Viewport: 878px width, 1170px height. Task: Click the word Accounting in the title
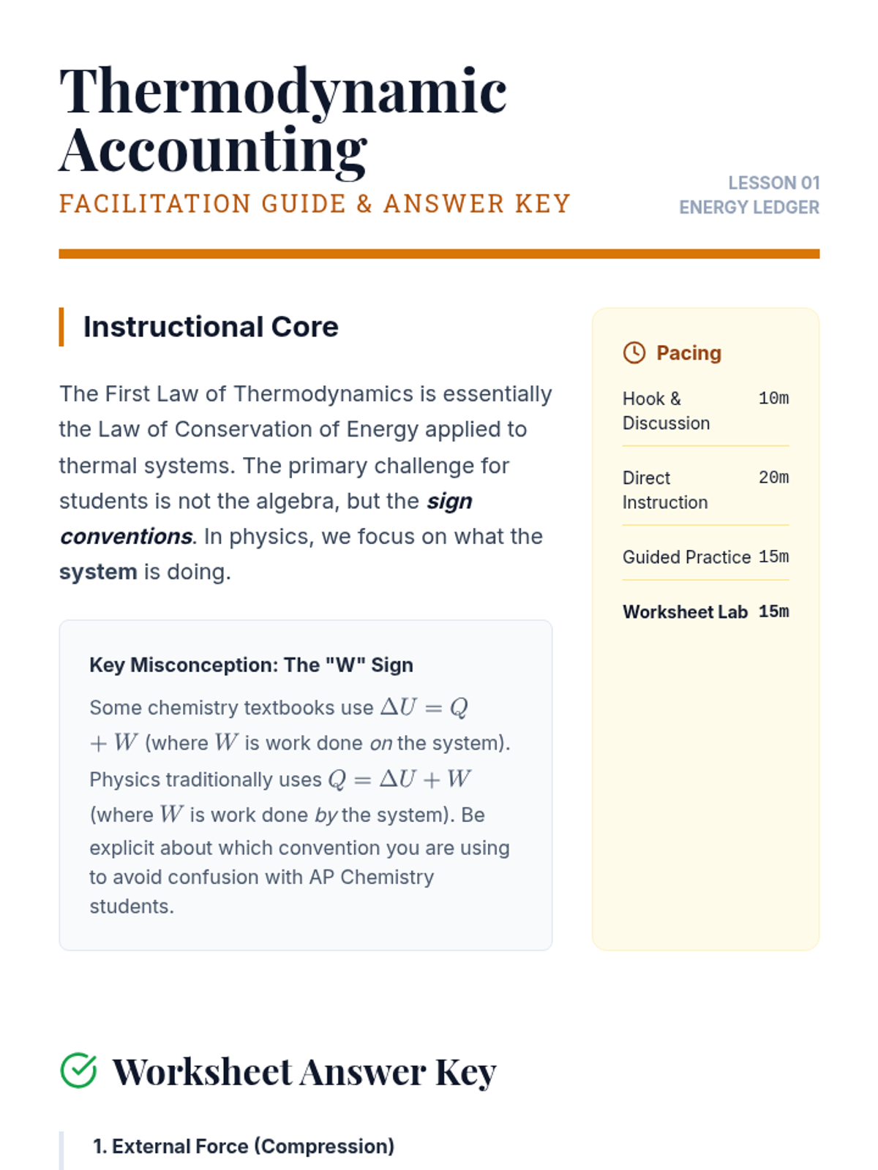pos(213,150)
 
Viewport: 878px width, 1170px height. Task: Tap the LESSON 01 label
pos(773,183)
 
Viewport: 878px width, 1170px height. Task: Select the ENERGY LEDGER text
pos(748,208)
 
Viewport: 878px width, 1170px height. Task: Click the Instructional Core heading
pos(211,327)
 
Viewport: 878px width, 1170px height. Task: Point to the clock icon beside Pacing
pos(634,352)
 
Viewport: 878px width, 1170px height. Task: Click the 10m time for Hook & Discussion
pos(773,399)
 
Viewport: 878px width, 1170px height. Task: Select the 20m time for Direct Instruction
pos(773,478)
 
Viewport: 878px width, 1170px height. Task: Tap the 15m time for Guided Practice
pos(773,556)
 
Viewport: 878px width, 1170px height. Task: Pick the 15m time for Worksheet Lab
pos(773,611)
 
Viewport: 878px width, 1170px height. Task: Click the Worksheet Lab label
pos(685,612)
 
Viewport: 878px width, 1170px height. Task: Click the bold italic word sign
pos(449,501)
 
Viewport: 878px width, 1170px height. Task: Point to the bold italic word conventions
pos(126,537)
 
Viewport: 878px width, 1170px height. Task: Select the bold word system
pos(98,572)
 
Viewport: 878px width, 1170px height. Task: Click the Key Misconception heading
pos(251,665)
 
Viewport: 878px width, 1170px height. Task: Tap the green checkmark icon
pos(78,1071)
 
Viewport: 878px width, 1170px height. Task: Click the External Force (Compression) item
pos(244,1146)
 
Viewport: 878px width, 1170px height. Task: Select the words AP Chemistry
pos(371,877)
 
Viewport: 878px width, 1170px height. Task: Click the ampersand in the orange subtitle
pos(364,204)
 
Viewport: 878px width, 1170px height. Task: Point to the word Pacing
pos(688,353)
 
